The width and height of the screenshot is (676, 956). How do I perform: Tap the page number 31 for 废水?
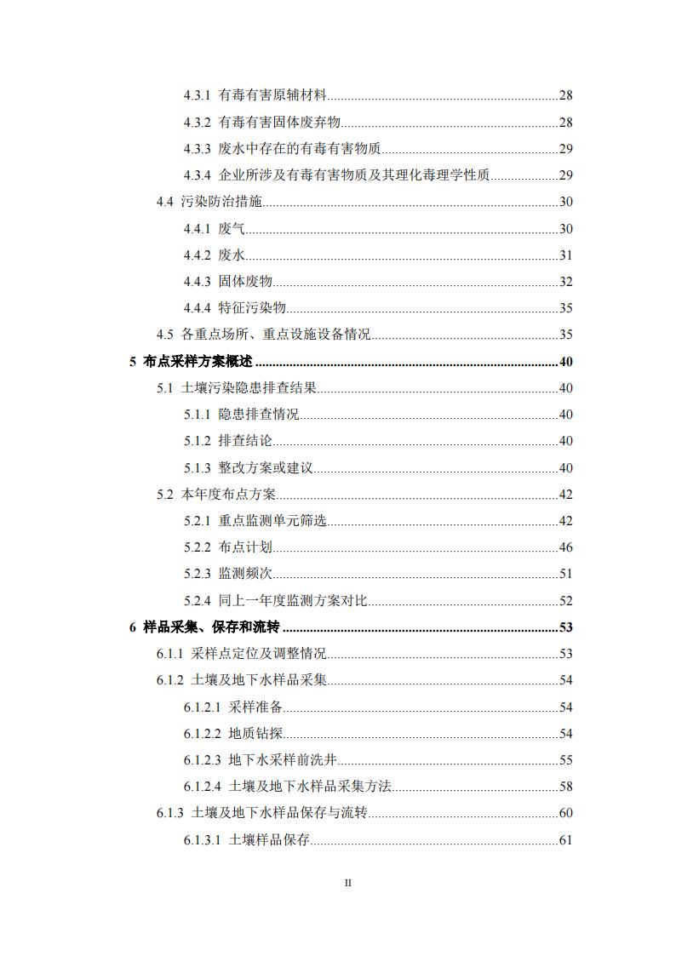565,255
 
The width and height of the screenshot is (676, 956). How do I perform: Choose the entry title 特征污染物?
252,308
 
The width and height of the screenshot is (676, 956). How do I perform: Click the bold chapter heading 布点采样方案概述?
198,362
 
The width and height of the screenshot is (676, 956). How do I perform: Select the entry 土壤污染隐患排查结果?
249,388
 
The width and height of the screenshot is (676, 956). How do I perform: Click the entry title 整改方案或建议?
266,468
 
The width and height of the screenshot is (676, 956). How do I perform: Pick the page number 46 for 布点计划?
565,547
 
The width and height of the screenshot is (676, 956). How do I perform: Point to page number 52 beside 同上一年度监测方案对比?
565,601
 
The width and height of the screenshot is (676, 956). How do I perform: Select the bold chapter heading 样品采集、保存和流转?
211,627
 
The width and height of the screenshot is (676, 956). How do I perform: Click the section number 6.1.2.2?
202,734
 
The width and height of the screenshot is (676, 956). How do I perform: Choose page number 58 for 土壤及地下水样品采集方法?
565,787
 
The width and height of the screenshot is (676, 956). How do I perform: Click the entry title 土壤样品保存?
269,840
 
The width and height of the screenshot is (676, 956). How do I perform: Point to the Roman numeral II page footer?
347,883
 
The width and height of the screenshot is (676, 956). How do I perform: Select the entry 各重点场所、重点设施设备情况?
276,335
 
